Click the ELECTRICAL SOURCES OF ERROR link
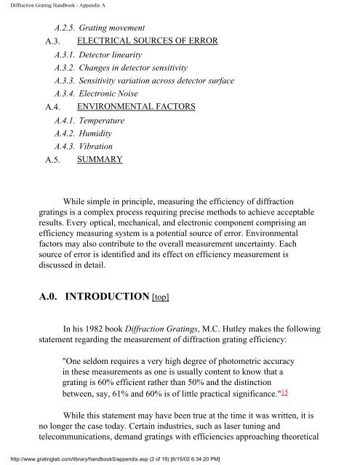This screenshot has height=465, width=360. (x=147, y=40)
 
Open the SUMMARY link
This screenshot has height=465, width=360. (x=99, y=158)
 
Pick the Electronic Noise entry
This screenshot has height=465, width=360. (x=109, y=94)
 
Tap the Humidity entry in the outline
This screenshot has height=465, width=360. (x=99, y=133)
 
